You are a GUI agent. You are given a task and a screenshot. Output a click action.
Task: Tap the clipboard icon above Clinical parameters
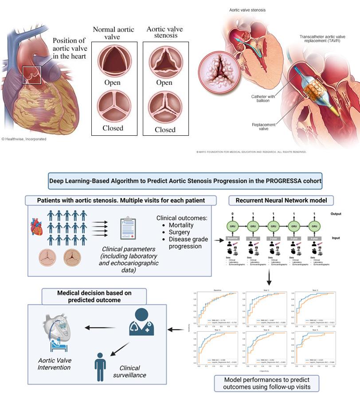click(128, 229)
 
